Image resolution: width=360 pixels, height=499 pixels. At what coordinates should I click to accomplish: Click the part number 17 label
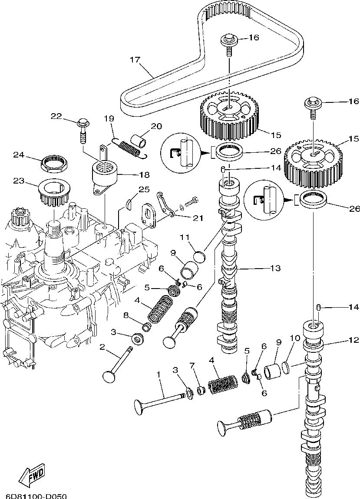135,59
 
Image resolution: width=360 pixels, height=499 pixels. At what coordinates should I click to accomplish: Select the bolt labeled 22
83,131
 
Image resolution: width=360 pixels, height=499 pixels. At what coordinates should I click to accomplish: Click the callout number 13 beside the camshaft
276,268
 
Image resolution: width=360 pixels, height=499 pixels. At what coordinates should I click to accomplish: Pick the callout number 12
354,340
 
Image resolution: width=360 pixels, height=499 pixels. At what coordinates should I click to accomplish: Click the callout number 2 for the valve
102,347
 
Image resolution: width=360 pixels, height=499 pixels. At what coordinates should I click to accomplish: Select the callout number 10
295,338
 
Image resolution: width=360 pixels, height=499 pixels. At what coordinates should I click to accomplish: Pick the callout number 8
126,315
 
